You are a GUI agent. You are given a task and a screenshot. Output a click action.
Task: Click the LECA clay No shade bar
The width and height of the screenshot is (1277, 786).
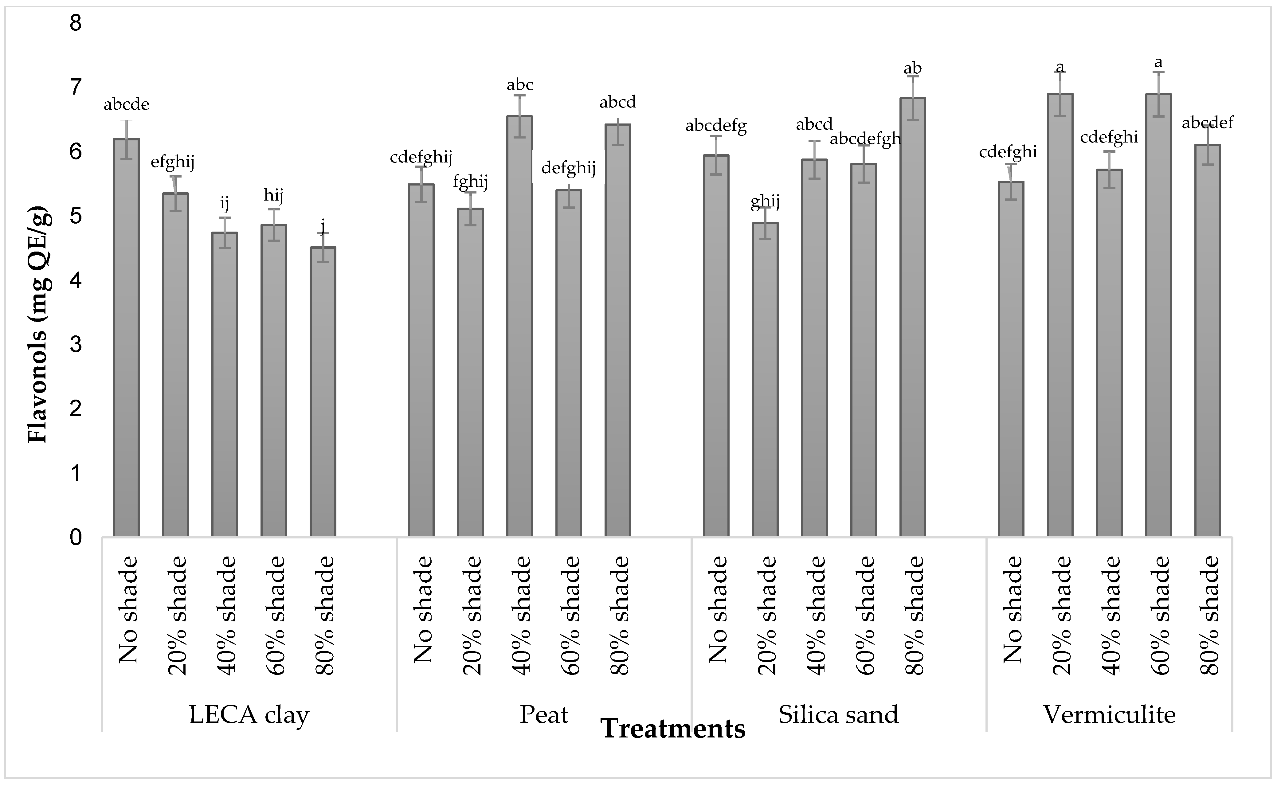126,338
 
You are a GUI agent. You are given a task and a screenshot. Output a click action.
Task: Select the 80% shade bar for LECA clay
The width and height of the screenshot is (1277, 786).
323,393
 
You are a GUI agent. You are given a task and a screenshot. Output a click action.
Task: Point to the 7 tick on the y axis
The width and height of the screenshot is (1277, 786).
76,87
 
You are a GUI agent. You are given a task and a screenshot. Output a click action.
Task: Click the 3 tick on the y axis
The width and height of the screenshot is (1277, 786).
76,344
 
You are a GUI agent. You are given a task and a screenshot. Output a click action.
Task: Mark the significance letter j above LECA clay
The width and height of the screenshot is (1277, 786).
323,227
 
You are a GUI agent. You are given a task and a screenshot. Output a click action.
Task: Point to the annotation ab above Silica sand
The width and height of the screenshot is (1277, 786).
912,68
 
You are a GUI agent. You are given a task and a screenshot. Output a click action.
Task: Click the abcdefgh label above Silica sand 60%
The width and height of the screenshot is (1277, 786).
865,139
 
